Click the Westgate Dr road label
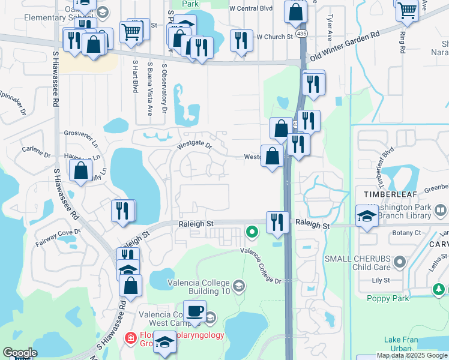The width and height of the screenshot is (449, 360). (x=194, y=145)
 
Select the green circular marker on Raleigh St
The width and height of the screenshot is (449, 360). (x=253, y=231)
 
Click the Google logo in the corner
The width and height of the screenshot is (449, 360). (x=20, y=353)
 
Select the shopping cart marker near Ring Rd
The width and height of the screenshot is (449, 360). (x=408, y=10)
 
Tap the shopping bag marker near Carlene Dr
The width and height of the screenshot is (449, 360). (x=81, y=170)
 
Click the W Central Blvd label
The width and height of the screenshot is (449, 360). (x=250, y=8)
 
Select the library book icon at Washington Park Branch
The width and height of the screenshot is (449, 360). (x=441, y=211)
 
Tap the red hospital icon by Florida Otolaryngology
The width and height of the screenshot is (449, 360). (x=130, y=338)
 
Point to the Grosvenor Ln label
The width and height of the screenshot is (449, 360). (x=81, y=133)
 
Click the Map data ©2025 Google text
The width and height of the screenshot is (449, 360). (x=412, y=355)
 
